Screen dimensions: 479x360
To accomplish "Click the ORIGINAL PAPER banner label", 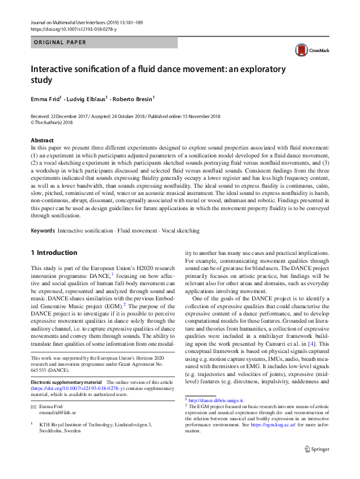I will (59, 42).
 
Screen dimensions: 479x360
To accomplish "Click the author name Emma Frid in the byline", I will (47, 98).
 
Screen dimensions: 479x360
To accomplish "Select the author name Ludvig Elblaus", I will (87, 98).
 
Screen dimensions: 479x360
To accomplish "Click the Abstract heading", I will (42, 140).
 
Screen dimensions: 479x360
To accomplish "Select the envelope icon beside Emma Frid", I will (33, 406).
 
